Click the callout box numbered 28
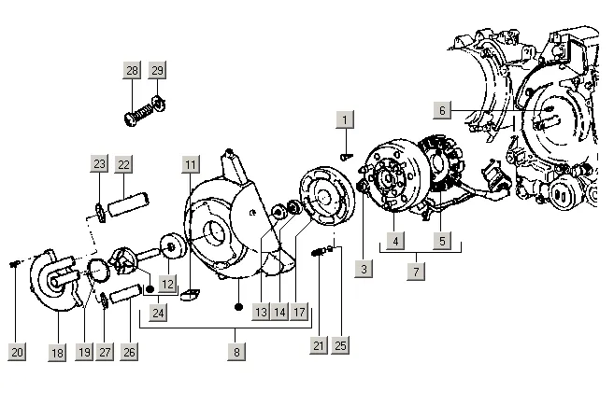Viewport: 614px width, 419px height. (x=132, y=70)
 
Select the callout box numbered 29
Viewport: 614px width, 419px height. (x=157, y=70)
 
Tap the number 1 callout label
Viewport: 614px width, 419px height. (x=345, y=119)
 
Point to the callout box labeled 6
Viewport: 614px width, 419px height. (x=442, y=110)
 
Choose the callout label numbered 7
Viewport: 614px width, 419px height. (x=416, y=271)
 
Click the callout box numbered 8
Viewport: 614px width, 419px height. (x=236, y=352)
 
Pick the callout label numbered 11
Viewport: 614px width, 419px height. (x=191, y=164)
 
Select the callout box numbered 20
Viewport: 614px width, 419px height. (x=17, y=352)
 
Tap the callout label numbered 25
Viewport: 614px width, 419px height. (x=340, y=345)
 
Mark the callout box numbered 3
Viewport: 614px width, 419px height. (x=364, y=269)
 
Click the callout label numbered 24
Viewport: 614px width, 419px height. (x=158, y=313)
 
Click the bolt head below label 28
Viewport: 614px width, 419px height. (x=131, y=119)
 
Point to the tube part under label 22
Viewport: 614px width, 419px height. (x=128, y=203)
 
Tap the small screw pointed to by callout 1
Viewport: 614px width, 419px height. (x=346, y=157)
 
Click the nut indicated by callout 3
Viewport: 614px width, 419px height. (x=363, y=187)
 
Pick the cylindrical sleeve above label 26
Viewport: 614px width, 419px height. (x=126, y=294)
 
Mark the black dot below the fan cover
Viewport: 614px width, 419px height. (x=238, y=307)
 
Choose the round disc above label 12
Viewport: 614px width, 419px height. (x=173, y=246)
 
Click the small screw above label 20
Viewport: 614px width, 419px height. (x=15, y=264)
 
